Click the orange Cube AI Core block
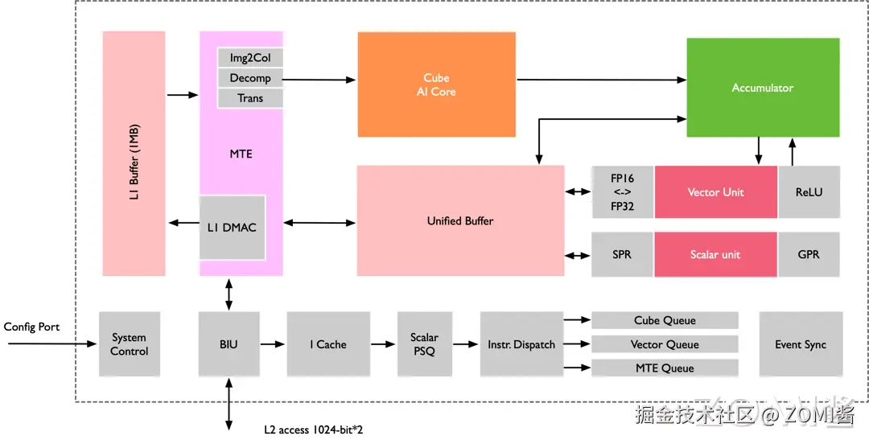pyautogui.click(x=436, y=84)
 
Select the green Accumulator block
pyautogui.click(x=762, y=88)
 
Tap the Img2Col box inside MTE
pyautogui.click(x=250, y=58)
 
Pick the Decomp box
pyautogui.click(x=250, y=78)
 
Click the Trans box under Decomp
pyautogui.click(x=250, y=98)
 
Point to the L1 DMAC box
pyautogui.click(x=232, y=228)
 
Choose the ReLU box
pyautogui.click(x=809, y=192)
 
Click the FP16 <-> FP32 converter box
pyautogui.click(x=622, y=192)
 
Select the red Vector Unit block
pyautogui.click(x=715, y=192)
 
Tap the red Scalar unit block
pyautogui.click(x=715, y=254)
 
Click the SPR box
pyautogui.click(x=622, y=254)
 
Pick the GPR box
pyautogui.click(x=809, y=254)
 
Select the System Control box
pyautogui.click(x=129, y=344)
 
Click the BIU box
pyautogui.click(x=229, y=344)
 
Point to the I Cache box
pyautogui.click(x=327, y=344)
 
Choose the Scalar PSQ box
pyautogui.click(x=424, y=344)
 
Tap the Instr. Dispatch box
pyautogui.click(x=521, y=344)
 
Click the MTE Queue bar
pyautogui.click(x=665, y=368)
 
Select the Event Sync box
pyautogui.click(x=801, y=344)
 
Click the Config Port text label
pyautogui.click(x=31, y=327)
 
